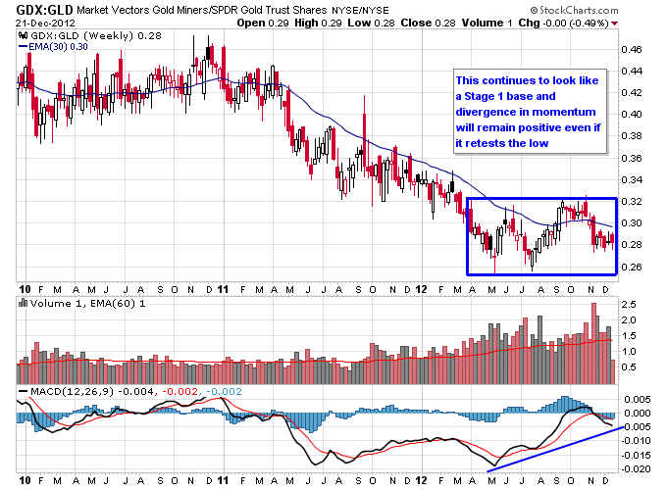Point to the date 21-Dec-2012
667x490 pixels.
[40, 24]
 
